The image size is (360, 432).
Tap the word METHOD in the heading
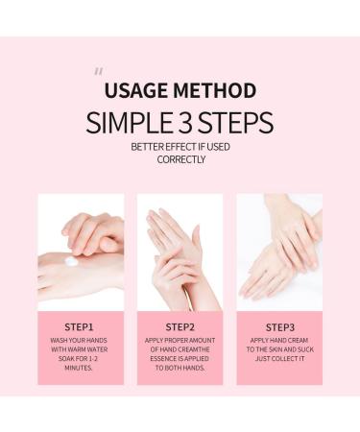click(x=216, y=91)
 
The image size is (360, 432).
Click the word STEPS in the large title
click(x=238, y=123)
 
